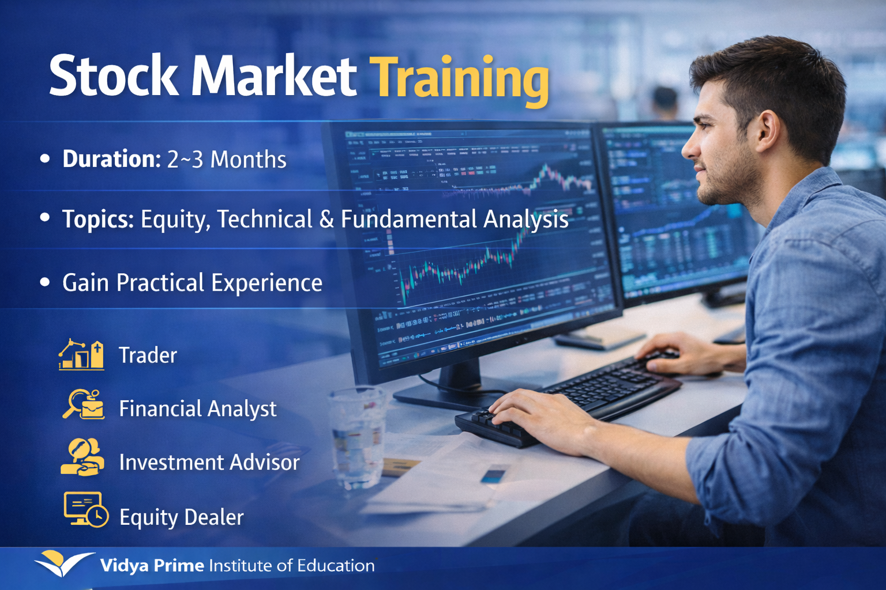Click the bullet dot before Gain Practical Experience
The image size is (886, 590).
point(45,282)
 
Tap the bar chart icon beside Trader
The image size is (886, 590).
point(81,354)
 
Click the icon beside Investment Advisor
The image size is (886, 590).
point(82,457)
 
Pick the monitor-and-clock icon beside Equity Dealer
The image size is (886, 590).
point(85,509)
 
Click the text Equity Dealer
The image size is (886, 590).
point(181,517)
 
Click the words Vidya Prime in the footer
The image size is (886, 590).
point(152,566)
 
